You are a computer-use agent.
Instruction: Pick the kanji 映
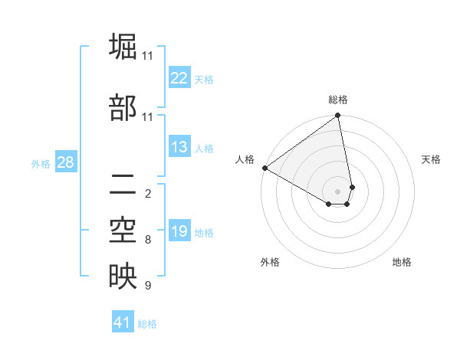[x=123, y=277]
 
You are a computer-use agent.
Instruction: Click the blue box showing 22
[x=179, y=78]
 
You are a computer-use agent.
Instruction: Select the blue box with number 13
[x=179, y=148]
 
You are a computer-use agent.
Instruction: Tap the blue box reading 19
[x=179, y=231]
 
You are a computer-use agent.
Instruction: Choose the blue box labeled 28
[x=66, y=162]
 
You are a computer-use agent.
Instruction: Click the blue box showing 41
[x=123, y=322]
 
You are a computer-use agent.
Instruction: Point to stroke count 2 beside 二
[x=147, y=193]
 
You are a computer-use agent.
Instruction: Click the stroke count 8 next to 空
[x=147, y=240]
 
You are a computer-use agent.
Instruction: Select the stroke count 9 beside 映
[x=147, y=286]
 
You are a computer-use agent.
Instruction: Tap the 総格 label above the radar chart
[x=338, y=100]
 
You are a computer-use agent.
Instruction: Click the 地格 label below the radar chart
[x=402, y=262]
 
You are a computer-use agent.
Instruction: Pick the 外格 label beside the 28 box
[x=40, y=163]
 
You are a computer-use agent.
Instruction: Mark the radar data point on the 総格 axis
[x=338, y=116]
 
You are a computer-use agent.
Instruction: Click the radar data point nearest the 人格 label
[x=264, y=168]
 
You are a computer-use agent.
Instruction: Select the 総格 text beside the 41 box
[x=147, y=324]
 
